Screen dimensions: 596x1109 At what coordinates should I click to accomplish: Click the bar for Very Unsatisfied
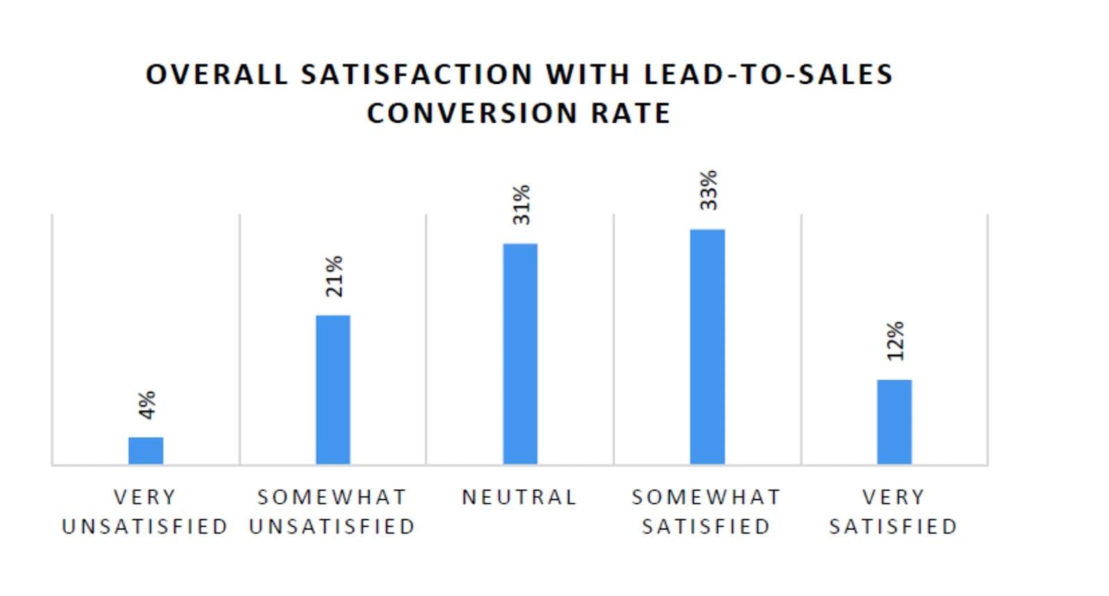[146, 450]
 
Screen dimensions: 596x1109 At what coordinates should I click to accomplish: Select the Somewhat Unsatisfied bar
[333, 389]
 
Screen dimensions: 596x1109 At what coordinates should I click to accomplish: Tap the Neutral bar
[520, 353]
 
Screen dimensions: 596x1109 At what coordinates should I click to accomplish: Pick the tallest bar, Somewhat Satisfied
[707, 347]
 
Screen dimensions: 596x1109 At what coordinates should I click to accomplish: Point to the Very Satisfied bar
[894, 421]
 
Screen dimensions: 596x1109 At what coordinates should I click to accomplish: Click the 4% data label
[147, 405]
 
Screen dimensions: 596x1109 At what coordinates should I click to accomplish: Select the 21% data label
[334, 276]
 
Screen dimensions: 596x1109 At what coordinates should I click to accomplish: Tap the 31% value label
[521, 204]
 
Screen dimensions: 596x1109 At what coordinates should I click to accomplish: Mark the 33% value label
[708, 190]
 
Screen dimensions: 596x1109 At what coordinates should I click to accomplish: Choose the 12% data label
[896, 340]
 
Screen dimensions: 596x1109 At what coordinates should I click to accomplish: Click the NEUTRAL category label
[519, 497]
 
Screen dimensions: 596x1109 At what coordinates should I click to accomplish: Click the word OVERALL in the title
[216, 74]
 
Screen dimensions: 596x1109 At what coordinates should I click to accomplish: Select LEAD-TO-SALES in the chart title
[768, 74]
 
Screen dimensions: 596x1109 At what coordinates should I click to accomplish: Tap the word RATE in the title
[631, 113]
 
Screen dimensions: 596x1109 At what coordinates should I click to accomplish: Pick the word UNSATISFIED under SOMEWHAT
[332, 527]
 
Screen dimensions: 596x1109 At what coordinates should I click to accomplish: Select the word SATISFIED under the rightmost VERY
[893, 527]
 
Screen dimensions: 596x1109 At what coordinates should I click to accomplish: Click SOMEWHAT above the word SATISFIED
[706, 497]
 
